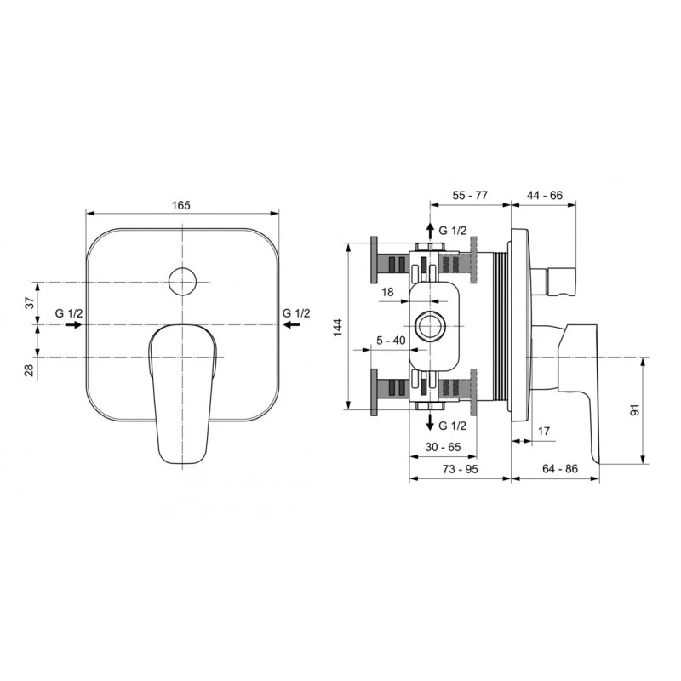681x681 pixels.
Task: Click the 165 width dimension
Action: click(x=181, y=204)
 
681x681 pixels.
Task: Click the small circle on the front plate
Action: click(x=183, y=281)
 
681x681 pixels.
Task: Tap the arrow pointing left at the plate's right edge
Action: click(x=293, y=324)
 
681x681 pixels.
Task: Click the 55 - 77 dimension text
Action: click(x=470, y=196)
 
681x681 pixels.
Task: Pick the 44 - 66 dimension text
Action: click(x=545, y=196)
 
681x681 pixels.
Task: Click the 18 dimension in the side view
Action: click(x=387, y=292)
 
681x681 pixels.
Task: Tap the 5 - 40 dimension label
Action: click(x=390, y=340)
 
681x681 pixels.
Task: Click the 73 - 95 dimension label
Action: click(x=461, y=470)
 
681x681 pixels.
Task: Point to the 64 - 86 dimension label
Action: click(x=558, y=470)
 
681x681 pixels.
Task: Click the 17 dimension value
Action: click(x=543, y=432)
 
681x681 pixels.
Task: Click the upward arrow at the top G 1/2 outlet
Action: click(x=430, y=231)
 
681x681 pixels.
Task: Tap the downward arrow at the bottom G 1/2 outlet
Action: click(x=430, y=422)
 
